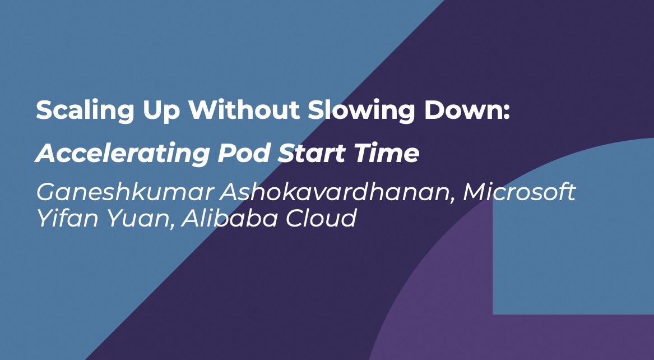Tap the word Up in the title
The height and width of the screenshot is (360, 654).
pyautogui.click(x=161, y=112)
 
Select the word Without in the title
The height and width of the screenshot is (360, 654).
pyautogui.click(x=244, y=110)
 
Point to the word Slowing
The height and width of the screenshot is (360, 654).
pyautogui.click(x=361, y=111)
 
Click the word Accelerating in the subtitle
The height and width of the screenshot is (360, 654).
pyautogui.click(x=122, y=154)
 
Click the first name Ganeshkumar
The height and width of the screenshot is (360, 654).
pyautogui.click(x=125, y=192)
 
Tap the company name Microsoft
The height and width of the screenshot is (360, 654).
pyautogui.click(x=520, y=192)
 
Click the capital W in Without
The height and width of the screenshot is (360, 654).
pyautogui.click(x=203, y=110)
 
